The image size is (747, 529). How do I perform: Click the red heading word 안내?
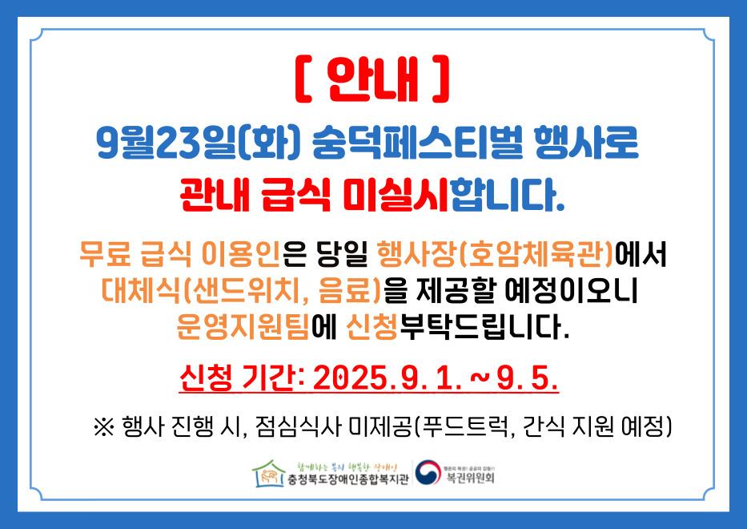(x=373, y=79)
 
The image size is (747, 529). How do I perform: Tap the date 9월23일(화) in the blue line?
(x=199, y=143)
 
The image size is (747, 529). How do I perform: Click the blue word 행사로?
(x=586, y=143)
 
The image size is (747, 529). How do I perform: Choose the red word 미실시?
(x=396, y=194)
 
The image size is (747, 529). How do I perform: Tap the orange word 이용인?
(x=241, y=254)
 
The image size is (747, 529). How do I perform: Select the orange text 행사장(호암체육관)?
(x=495, y=254)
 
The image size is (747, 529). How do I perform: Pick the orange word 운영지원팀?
(x=243, y=327)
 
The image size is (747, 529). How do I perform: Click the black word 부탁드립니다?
(x=484, y=327)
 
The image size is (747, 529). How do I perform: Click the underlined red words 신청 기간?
(x=236, y=379)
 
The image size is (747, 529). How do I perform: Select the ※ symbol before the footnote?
(x=104, y=426)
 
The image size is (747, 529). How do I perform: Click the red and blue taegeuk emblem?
(x=428, y=472)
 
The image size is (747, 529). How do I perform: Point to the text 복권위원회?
(x=470, y=478)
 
